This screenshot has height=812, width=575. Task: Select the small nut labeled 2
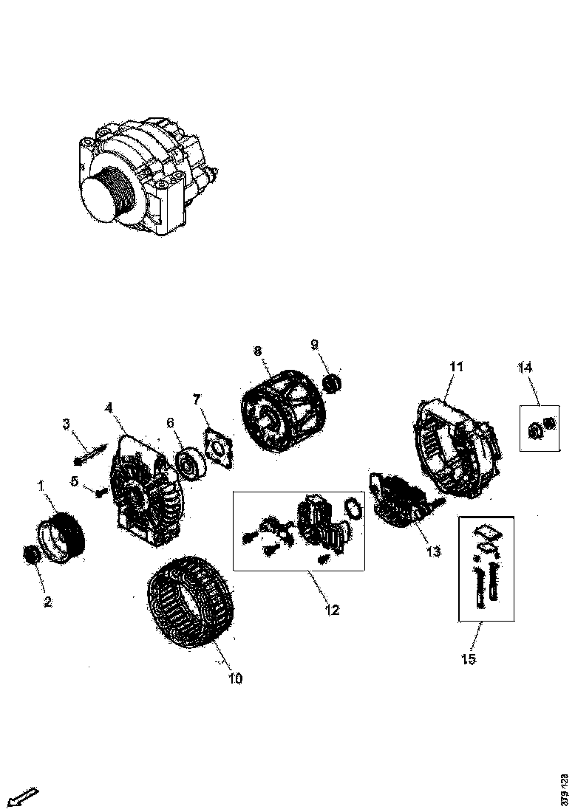click(32, 554)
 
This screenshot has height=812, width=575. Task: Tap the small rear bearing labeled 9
click(332, 383)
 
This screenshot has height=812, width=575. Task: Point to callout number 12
click(331, 610)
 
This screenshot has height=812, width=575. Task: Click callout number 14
click(525, 366)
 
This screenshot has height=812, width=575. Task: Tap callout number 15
click(469, 659)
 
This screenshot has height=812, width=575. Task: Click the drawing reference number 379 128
click(565, 789)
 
